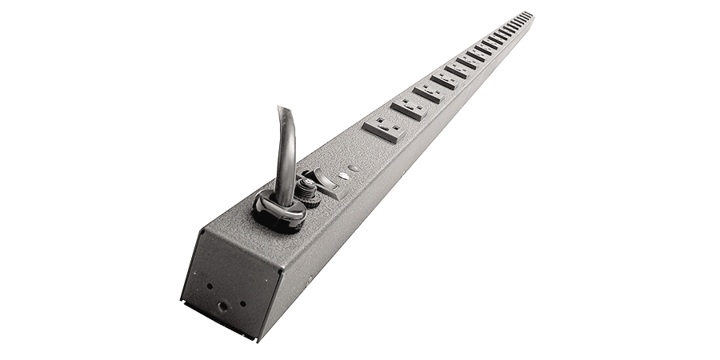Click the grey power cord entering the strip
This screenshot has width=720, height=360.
(286, 152)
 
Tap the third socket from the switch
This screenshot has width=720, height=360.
(430, 92)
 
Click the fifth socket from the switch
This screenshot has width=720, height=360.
(459, 70)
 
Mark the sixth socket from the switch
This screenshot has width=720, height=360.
(470, 62)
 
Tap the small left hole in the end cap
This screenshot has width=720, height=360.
(210, 285)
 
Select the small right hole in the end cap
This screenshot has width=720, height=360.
(242, 303)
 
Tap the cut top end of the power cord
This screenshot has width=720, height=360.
(286, 110)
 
